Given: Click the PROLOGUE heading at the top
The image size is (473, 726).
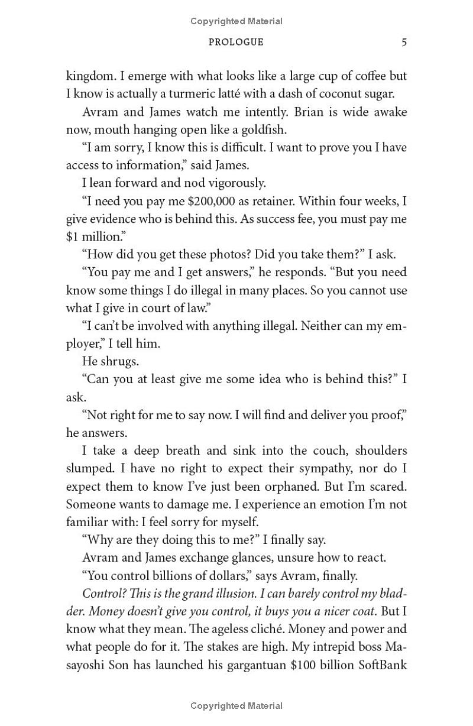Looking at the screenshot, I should [237, 42].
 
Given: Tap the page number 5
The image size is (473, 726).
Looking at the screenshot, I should [404, 42].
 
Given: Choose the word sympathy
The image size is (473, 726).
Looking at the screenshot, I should [307, 469].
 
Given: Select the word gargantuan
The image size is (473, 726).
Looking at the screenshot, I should [252, 665].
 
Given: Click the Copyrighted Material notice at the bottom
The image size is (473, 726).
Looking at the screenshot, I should [237, 706].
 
